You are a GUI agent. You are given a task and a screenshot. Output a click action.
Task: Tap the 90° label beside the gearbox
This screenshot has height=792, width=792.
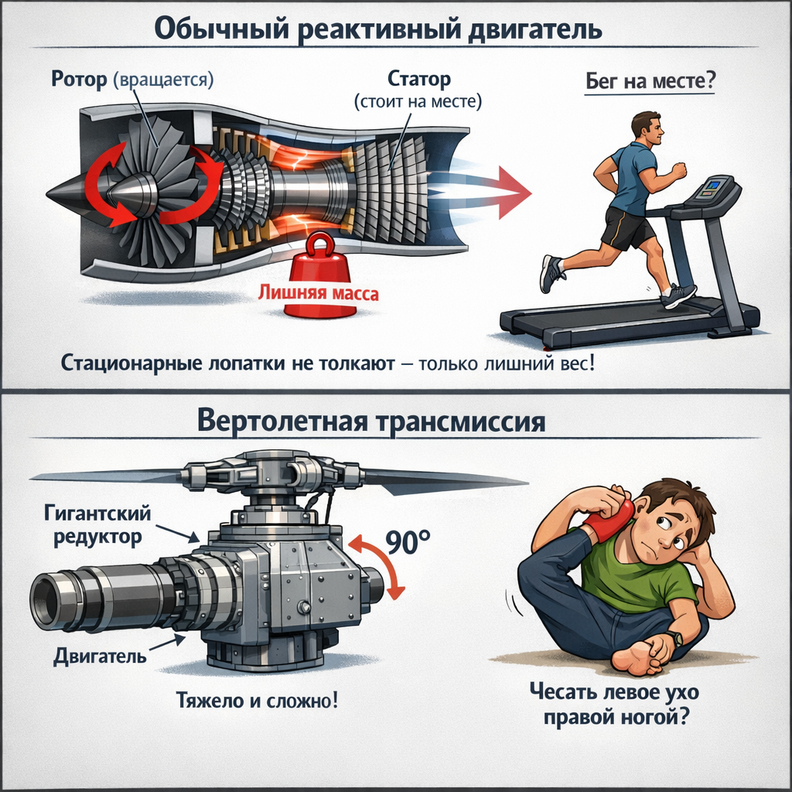pyautogui.click(x=408, y=543)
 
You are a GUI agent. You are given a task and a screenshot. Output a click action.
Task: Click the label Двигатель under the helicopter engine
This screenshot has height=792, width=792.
pyautogui.click(x=101, y=657)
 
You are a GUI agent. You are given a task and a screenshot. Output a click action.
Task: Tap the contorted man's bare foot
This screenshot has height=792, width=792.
pyautogui.click(x=639, y=654)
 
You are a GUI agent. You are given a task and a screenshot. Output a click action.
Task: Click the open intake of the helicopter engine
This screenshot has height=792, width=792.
pyautogui.click(x=46, y=599)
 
